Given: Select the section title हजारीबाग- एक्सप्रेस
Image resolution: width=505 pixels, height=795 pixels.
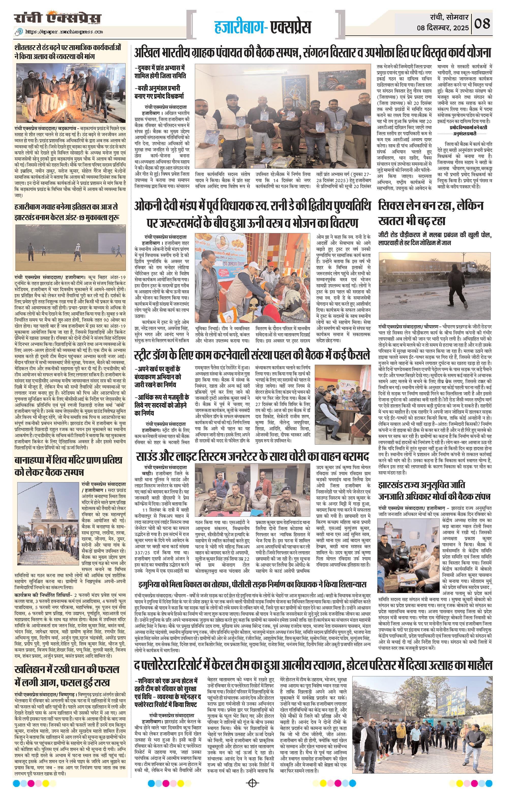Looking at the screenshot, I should pyautogui.click(x=263, y=27).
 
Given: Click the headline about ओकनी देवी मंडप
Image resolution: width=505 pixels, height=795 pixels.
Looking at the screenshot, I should pyautogui.click(x=252, y=214).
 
